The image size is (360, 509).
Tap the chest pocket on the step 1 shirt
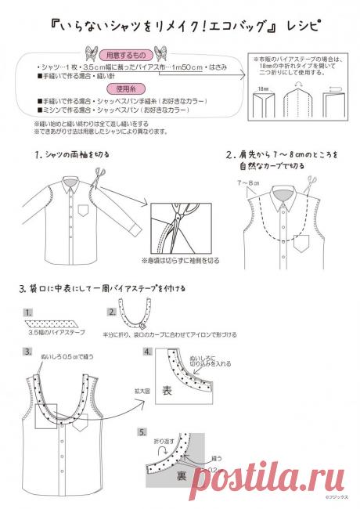[86, 211]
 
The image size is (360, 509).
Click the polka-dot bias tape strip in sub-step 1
[52, 325]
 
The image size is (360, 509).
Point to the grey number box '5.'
[142, 431]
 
